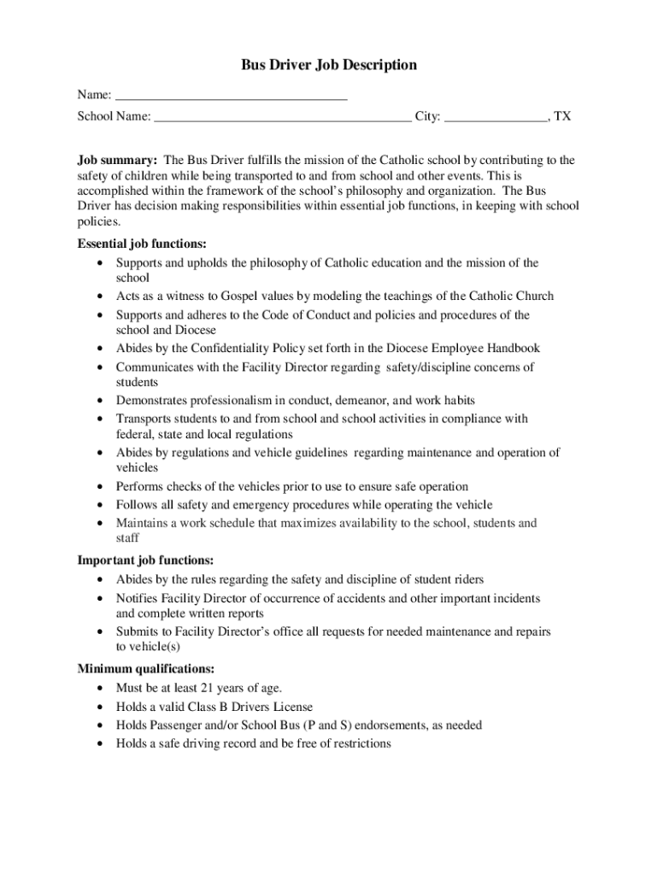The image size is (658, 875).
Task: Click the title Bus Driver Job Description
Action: tap(329, 65)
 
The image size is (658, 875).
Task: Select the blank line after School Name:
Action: tap(283, 116)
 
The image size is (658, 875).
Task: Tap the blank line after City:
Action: tap(496, 116)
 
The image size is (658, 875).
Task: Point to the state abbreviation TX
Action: tap(562, 116)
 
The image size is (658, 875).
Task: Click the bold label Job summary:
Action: tap(117, 160)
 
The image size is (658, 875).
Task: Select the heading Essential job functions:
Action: tap(142, 244)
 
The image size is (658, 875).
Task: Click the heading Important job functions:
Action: tap(145, 561)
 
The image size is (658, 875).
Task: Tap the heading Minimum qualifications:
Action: tap(146, 668)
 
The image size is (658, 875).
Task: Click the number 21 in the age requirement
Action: tap(208, 688)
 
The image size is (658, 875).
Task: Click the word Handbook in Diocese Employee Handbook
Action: tap(513, 349)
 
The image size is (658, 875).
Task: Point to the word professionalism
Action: tap(228, 400)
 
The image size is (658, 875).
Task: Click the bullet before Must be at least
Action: tap(103, 689)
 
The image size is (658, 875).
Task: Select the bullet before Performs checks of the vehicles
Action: tap(103, 487)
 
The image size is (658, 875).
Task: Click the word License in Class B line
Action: tap(292, 707)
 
